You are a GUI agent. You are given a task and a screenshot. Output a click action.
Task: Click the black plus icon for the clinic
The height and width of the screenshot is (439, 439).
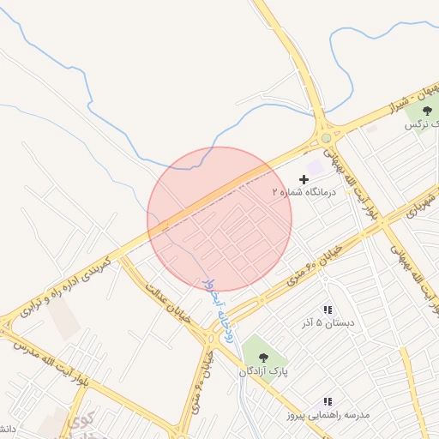(304, 179)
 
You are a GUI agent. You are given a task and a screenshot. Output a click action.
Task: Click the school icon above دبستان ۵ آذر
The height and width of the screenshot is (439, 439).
(327, 310)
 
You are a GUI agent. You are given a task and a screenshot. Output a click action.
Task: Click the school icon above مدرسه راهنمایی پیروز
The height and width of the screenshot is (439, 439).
(327, 401)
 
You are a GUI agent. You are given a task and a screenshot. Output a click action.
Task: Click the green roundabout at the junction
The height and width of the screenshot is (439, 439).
(326, 138)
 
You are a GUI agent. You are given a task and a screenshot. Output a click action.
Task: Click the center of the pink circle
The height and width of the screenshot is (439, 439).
(219, 219)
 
